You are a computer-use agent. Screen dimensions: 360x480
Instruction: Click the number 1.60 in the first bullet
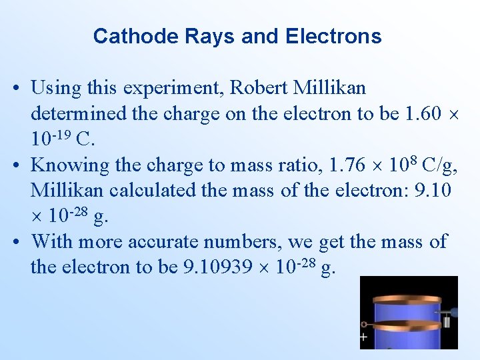(423, 114)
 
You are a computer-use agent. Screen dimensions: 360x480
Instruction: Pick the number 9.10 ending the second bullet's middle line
(433, 191)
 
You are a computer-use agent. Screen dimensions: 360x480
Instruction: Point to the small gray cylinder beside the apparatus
(447, 322)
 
